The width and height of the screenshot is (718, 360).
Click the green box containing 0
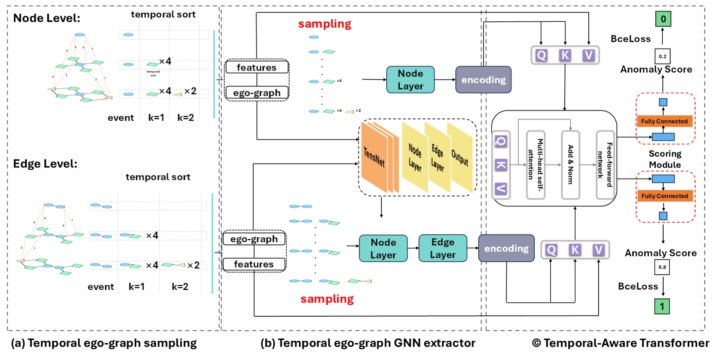pyautogui.click(x=663, y=19)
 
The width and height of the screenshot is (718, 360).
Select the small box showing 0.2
pyautogui.click(x=662, y=56)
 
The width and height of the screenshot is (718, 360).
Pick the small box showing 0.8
pyautogui.click(x=662, y=267)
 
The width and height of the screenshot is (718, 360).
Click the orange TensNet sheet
pyautogui.click(x=374, y=157)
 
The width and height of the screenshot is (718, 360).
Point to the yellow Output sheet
pyautogui.click(x=460, y=157)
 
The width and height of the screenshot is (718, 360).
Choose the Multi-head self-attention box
pyautogui.click(x=536, y=165)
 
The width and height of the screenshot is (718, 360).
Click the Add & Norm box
pyautogui.click(x=571, y=165)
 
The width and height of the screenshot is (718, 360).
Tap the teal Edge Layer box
pyautogui.click(x=443, y=248)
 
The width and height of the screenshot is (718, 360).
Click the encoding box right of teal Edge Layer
pyautogui.click(x=506, y=248)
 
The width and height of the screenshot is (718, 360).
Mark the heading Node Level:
pyautogui.click(x=47, y=18)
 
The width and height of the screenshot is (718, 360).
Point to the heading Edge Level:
pyautogui.click(x=45, y=164)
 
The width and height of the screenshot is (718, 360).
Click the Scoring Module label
pyautogui.click(x=665, y=159)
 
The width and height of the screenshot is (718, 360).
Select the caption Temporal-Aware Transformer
pyautogui.click(x=626, y=343)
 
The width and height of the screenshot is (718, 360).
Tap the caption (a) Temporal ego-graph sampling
pyautogui.click(x=104, y=343)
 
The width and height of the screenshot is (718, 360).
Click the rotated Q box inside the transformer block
pyautogui.click(x=501, y=142)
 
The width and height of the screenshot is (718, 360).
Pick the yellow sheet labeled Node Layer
pyautogui.click(x=415, y=157)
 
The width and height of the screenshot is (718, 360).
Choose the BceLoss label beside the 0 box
pyautogui.click(x=630, y=39)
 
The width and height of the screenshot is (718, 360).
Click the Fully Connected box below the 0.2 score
pyautogui.click(x=664, y=121)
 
